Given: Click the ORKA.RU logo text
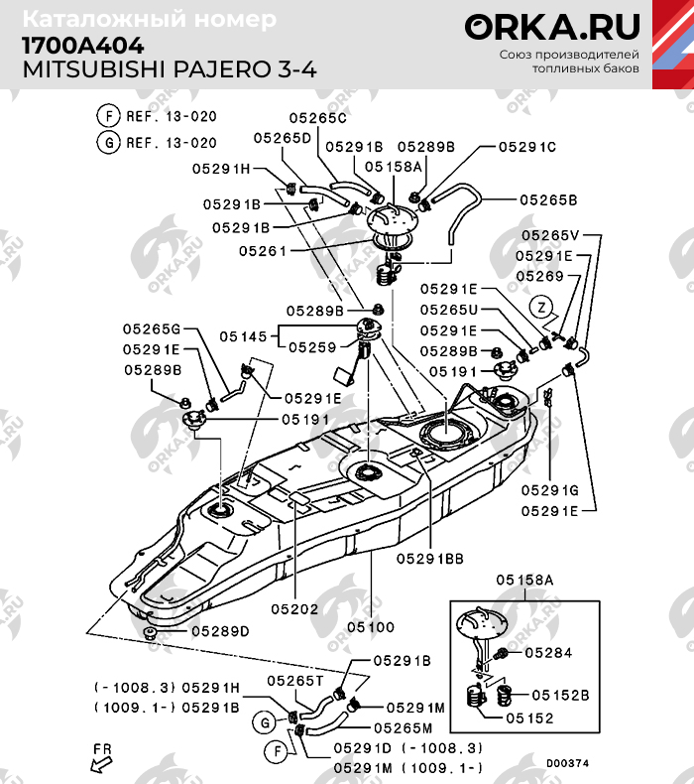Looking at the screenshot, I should point(553,27).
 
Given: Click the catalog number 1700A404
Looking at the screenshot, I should point(82,46).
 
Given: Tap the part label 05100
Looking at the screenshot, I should point(372,627).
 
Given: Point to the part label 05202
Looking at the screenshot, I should point(294,608).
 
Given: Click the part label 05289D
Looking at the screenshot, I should point(220,631).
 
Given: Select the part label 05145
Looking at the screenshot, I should point(243,337).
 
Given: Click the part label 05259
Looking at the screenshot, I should point(313,347).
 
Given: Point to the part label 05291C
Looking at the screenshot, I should point(526,147).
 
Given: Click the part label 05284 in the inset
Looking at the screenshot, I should point(548,653).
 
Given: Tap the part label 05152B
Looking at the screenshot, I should point(567,695).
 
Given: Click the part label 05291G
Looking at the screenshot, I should point(550,490).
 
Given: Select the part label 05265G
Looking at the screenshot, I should point(152,328).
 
